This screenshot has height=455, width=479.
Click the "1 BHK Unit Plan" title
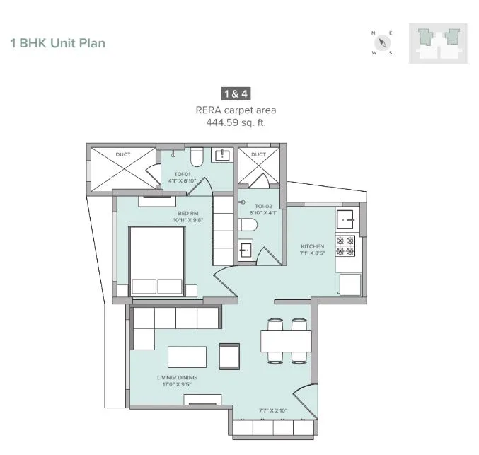click(58, 43)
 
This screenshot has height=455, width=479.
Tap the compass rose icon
click(382, 42)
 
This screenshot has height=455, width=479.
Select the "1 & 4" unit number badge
click(236, 94)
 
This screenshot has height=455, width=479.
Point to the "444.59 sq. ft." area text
click(236, 122)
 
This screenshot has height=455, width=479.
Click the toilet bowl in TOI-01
click(197, 157)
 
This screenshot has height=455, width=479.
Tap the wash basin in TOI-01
click(222, 155)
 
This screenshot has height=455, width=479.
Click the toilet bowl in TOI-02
click(248, 225)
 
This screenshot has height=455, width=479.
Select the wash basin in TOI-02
click(246, 250)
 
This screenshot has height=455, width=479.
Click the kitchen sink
click(347, 219)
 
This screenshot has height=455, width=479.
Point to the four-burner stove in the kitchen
click(345, 246)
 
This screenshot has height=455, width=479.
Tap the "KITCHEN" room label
click(312, 246)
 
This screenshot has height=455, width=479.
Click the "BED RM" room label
click(188, 213)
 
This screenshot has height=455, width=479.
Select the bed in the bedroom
click(157, 261)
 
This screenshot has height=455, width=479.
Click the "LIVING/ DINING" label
click(177, 377)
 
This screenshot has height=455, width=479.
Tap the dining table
click(286, 341)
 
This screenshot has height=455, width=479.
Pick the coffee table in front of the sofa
click(187, 357)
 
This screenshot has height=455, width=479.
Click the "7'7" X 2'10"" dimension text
click(273, 410)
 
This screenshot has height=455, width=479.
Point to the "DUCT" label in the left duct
click(123, 155)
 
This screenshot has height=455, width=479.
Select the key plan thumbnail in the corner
click(438, 43)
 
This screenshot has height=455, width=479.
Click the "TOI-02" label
click(263, 206)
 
